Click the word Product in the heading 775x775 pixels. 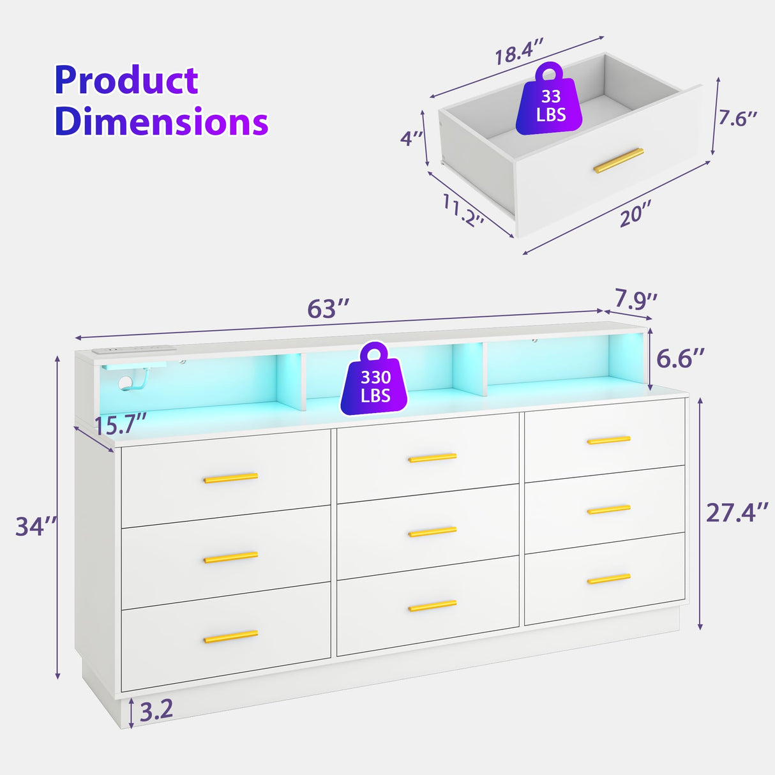126,81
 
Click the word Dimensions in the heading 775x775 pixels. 161,121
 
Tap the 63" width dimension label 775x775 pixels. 328,309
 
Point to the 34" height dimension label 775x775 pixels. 36,527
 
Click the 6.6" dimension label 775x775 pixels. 681,359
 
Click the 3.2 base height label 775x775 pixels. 156,709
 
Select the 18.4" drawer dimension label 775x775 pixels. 519,51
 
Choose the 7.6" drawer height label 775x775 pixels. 738,118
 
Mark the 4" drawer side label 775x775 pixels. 412,138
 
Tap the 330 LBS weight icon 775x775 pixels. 375,380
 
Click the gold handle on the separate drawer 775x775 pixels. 618,160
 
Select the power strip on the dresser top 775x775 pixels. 132,350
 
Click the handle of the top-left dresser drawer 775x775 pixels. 230,478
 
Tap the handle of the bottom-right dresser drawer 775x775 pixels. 608,579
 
